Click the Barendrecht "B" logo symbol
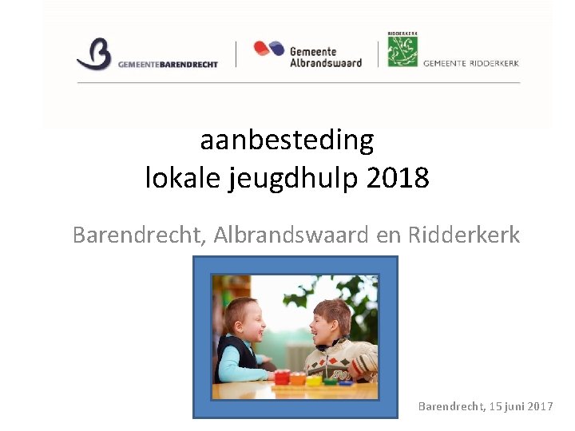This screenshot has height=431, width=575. (94, 54)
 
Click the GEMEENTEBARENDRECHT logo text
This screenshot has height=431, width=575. (168, 65)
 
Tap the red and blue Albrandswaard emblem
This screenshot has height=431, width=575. (269, 49)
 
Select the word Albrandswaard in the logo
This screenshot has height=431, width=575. (325, 62)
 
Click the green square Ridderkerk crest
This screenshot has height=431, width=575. (402, 52)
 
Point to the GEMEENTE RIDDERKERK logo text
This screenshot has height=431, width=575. (470, 63)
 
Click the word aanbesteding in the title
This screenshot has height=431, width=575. (287, 140)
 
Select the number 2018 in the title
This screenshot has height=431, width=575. (398, 177)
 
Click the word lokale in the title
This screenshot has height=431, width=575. (183, 177)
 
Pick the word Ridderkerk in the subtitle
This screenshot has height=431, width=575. (463, 235)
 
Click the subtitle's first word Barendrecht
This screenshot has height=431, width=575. (139, 235)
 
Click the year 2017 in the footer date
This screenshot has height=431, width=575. (540, 407)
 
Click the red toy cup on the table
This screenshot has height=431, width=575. (281, 376)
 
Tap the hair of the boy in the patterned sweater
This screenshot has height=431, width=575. (329, 306)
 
